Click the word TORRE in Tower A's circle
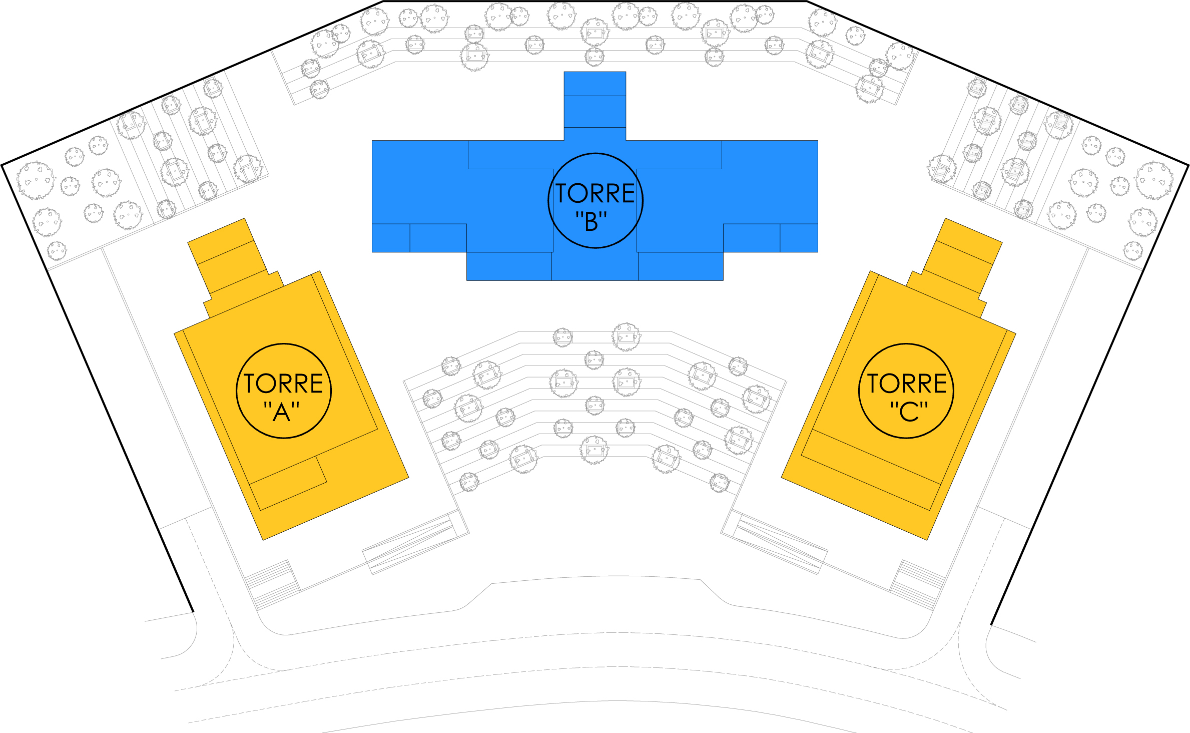[x=283, y=384]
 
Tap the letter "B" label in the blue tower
[x=591, y=222]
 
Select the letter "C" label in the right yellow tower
[x=909, y=412]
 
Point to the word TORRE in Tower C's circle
[x=907, y=384]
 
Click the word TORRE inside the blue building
[x=595, y=193]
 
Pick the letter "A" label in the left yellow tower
[x=282, y=412]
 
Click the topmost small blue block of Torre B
[x=594, y=84]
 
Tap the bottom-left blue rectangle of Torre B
[x=509, y=266]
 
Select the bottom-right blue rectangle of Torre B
[x=681, y=266]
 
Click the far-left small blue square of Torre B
[x=390, y=238]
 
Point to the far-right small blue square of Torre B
[x=799, y=238]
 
